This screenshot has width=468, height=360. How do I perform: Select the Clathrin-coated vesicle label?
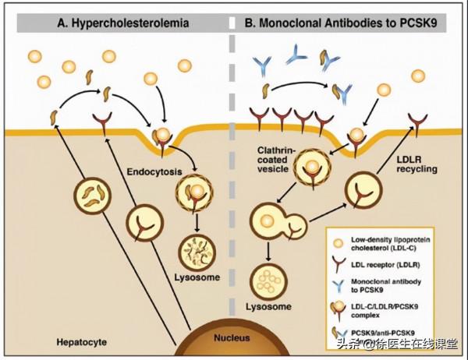click(278, 154)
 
